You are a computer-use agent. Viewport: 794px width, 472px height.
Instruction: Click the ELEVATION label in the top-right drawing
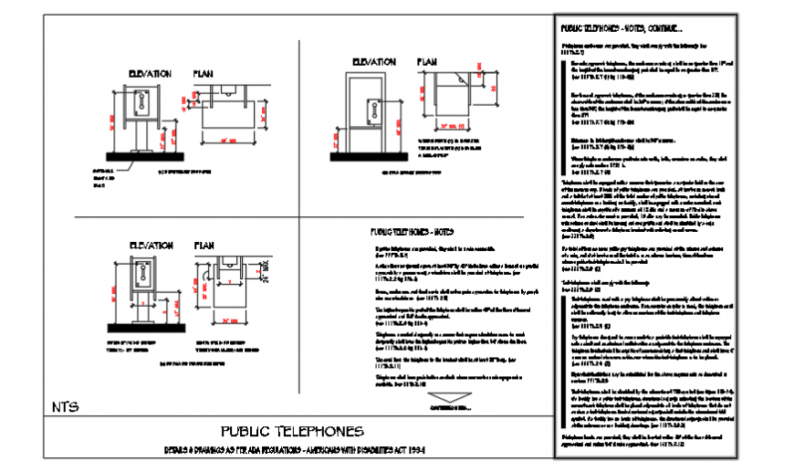(370, 63)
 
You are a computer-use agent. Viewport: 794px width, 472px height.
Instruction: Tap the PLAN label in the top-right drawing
(427, 63)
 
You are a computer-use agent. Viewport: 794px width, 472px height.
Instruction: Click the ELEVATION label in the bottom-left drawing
(150, 246)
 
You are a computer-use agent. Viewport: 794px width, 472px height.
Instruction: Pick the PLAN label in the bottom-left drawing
(204, 246)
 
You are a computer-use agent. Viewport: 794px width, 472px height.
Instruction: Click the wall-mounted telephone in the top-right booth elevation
(372, 110)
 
